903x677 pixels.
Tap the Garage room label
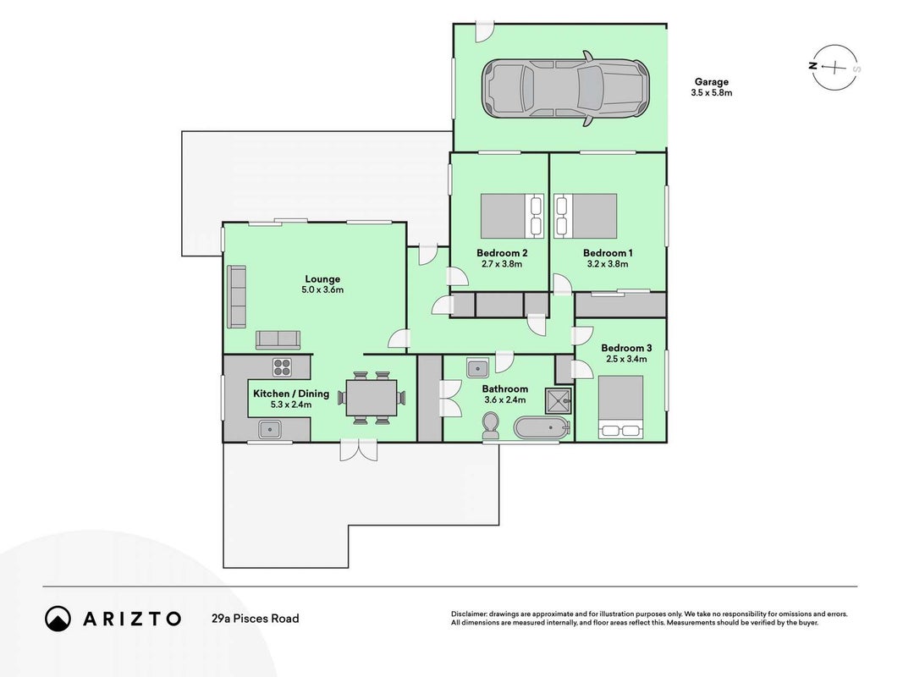click(x=711, y=82)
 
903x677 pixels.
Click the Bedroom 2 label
click(x=502, y=253)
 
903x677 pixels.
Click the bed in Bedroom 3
click(x=621, y=407)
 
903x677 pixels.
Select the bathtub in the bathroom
click(x=542, y=429)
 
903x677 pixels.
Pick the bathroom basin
click(x=478, y=368)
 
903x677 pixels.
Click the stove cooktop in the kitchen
click(x=282, y=366)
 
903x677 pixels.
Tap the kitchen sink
click(x=269, y=429)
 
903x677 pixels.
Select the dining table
click(x=372, y=398)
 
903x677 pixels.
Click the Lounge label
click(x=322, y=279)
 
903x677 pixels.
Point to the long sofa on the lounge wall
click(x=236, y=296)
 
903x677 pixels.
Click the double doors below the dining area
click(x=358, y=450)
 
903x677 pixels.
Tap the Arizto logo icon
click(x=58, y=619)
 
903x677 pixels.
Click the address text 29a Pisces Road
click(x=255, y=619)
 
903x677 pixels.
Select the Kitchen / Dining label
click(x=291, y=394)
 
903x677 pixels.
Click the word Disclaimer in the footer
click(x=469, y=614)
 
